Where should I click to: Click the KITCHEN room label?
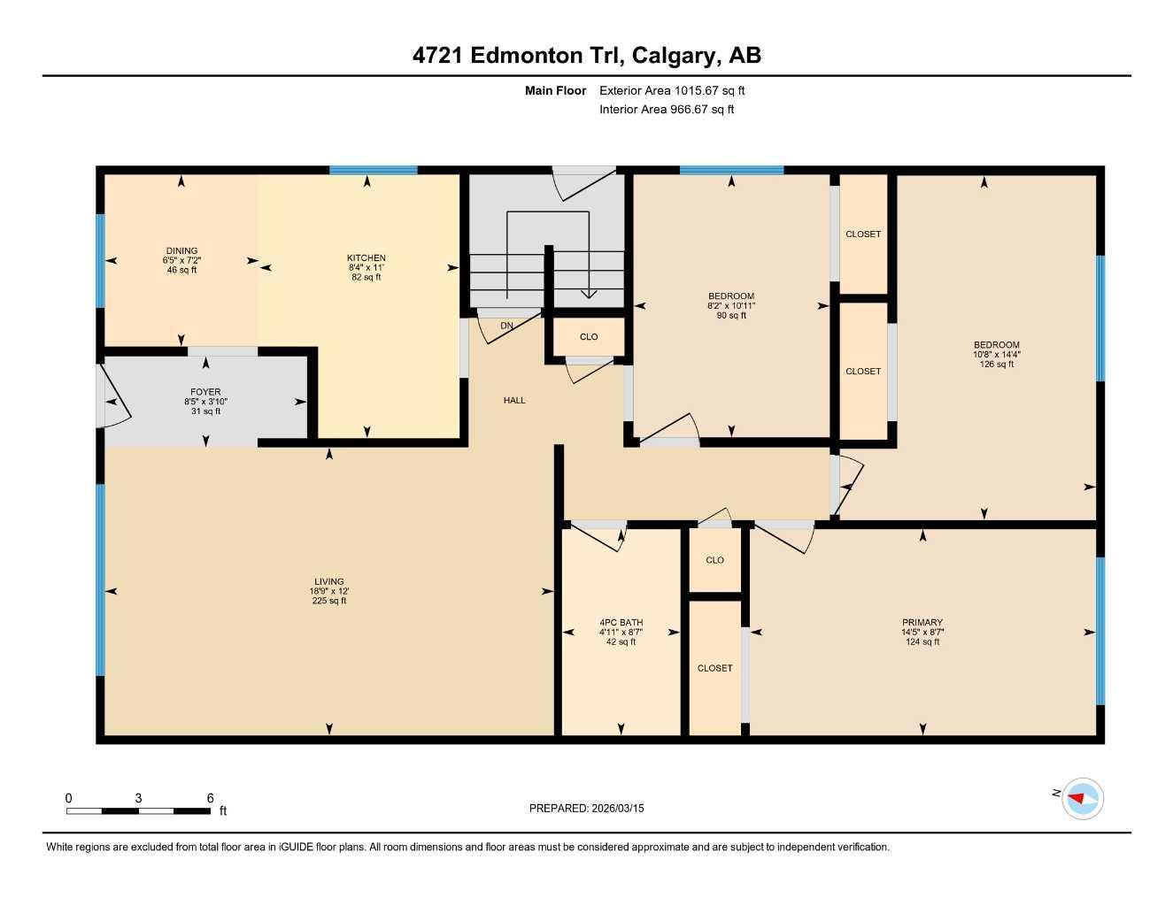point(366,257)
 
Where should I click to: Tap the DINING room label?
point(181,250)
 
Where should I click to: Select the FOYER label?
point(205,392)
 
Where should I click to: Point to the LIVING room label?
point(328,582)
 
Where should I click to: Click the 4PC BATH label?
point(621,622)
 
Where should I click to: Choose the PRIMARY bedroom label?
point(922,622)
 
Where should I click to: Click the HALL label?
point(514,400)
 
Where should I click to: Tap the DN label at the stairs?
point(506,326)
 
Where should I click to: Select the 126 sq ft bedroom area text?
point(997,364)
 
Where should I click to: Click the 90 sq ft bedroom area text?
point(731,315)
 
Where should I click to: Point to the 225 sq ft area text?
point(328,601)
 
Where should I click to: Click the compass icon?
point(1082,798)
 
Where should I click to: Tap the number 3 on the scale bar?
point(138,798)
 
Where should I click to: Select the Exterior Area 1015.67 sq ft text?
point(672,90)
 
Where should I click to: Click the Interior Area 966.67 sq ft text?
point(667,110)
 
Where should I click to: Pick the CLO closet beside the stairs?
point(589,336)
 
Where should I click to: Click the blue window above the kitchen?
point(373,170)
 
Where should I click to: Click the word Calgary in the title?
point(675,55)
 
